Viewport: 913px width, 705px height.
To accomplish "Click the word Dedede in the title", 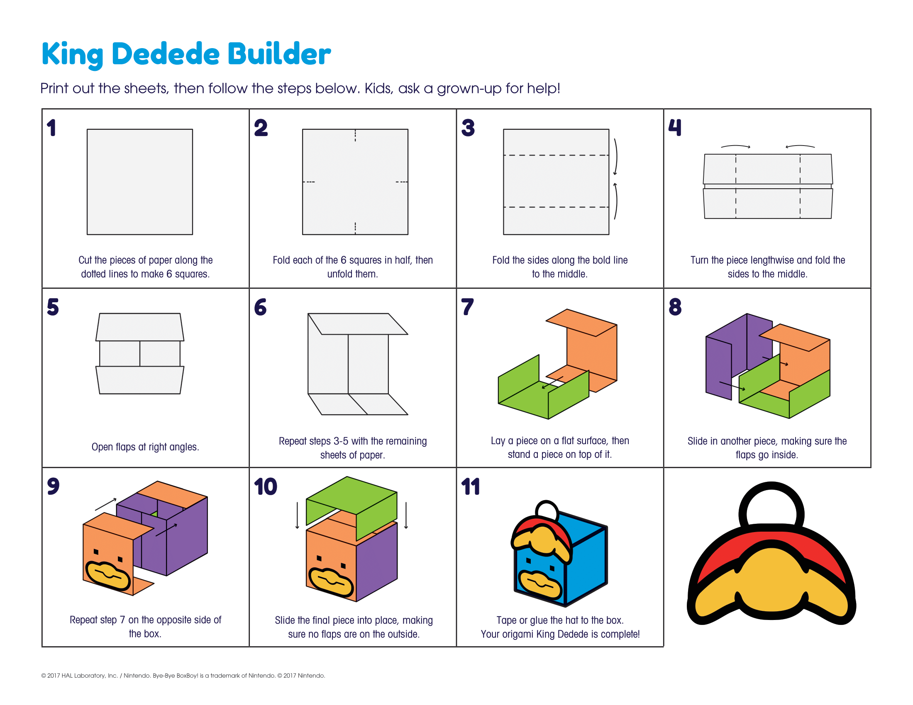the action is point(166,54).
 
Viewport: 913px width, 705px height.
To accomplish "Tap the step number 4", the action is point(675,127).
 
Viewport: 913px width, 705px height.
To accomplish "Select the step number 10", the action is point(266,486).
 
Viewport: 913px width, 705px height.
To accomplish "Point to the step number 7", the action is point(467,306).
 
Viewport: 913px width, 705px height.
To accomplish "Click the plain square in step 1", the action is point(139,182).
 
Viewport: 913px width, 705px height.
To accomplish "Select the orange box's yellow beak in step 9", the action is point(108,576).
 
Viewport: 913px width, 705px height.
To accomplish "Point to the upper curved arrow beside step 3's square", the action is point(616,157).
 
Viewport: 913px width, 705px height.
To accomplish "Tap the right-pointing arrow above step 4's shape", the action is point(736,146).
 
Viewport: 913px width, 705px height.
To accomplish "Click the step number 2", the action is point(261,127).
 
